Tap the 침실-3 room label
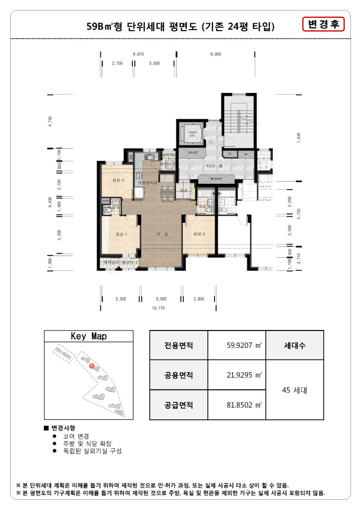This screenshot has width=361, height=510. [118, 181]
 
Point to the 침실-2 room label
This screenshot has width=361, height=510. [199, 234]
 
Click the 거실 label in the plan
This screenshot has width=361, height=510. [162, 234]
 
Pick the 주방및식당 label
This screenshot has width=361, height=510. [149, 182]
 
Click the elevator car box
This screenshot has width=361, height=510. [189, 132]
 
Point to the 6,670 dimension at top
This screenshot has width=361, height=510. [138, 54]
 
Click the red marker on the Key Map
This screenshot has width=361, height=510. [91, 365]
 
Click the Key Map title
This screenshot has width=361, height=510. [89, 336]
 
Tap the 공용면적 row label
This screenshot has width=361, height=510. [179, 375]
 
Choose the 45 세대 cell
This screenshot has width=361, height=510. [294, 391]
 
